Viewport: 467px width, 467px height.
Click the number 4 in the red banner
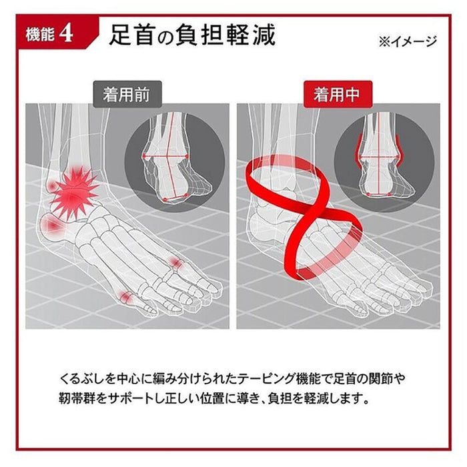pos(65,35)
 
